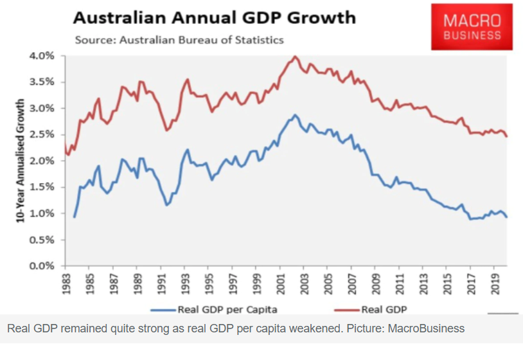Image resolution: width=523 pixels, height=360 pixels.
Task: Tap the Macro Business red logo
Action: click(x=472, y=27)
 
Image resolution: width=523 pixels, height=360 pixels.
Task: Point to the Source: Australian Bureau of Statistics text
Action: click(x=179, y=40)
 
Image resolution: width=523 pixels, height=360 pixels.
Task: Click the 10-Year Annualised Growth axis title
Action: click(x=21, y=161)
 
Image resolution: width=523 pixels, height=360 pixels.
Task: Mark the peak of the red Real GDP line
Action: click(x=295, y=57)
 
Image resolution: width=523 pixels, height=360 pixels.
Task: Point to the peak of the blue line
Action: click(x=295, y=115)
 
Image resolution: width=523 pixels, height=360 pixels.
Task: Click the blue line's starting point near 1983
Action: click(x=74, y=217)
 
